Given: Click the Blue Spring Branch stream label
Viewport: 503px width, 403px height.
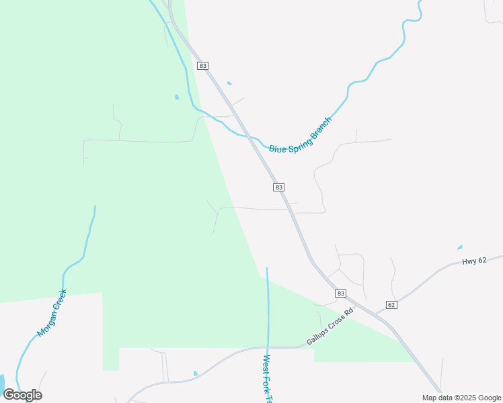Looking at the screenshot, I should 301,134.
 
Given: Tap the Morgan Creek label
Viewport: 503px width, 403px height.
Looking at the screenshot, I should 52,312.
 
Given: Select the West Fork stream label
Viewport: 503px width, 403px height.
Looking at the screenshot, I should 269,378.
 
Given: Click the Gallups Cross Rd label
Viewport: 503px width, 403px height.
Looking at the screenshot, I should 330,326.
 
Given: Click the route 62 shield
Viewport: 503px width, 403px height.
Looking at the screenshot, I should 392,305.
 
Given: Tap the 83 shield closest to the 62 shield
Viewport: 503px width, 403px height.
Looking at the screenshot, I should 340,294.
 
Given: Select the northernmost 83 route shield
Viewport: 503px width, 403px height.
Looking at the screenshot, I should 203,65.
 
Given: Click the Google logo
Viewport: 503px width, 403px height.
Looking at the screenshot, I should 22,395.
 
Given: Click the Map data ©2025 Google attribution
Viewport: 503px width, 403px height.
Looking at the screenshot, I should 462,398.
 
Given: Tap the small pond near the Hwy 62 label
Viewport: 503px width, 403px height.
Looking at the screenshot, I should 460,247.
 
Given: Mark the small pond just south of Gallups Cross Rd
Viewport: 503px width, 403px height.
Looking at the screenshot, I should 195,373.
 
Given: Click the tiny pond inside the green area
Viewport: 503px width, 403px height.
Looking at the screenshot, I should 177,97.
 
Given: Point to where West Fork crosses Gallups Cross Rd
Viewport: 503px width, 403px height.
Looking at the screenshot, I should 268,347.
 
